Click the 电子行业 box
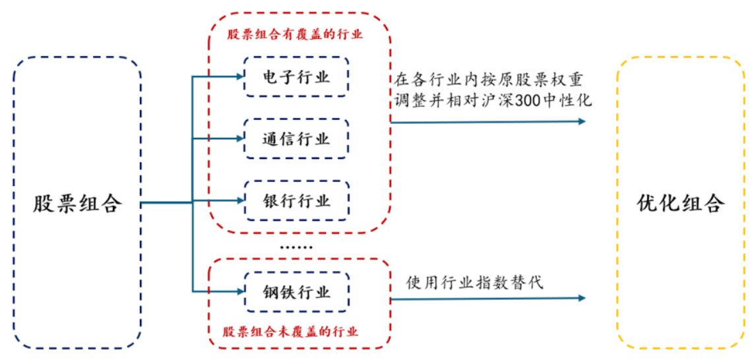296,78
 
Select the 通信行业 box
296,139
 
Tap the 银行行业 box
296,200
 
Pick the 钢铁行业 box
296,291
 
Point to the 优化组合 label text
681,203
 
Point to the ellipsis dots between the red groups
296,246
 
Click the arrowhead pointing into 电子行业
240,77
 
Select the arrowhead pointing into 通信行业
240,139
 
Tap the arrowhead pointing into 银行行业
240,200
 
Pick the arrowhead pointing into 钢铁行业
240,291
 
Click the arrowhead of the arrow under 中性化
581,121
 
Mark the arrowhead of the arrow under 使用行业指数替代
581,298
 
